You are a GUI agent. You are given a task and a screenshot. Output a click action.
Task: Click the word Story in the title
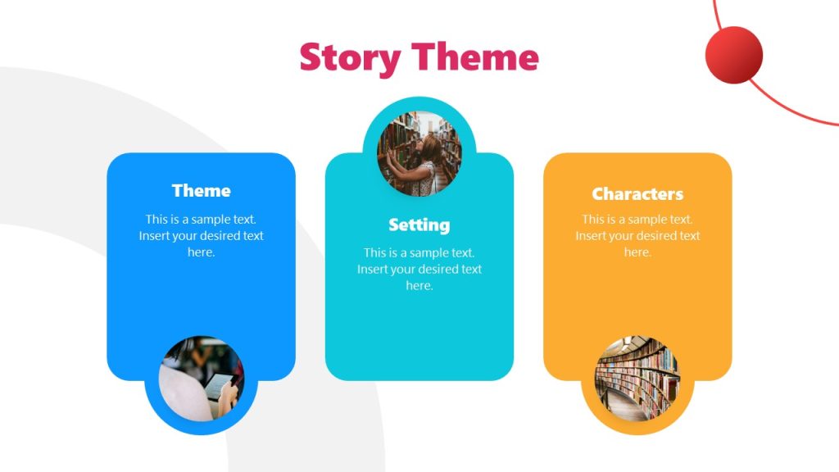pyautogui.click(x=350, y=58)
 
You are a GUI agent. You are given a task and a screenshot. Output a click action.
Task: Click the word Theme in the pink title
pyautogui.click(x=475, y=57)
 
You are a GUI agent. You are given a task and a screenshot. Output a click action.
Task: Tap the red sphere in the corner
pyautogui.click(x=733, y=55)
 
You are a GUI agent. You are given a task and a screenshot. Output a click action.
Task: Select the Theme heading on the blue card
pyautogui.click(x=201, y=191)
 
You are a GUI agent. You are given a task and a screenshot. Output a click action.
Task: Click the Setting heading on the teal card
pyautogui.click(x=419, y=225)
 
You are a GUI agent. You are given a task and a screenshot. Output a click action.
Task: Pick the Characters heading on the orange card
pyautogui.click(x=637, y=194)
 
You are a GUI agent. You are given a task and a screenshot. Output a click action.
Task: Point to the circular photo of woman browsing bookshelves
pyautogui.click(x=419, y=154)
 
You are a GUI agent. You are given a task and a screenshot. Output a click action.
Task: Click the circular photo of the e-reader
pyautogui.click(x=202, y=378)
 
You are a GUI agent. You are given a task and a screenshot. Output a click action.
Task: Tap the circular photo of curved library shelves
pyautogui.click(x=637, y=378)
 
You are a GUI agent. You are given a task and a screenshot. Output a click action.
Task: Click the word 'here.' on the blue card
pyautogui.click(x=201, y=252)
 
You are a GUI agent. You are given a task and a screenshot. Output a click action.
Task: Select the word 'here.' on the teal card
pyautogui.click(x=419, y=286)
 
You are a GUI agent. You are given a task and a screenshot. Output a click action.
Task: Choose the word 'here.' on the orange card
pyautogui.click(x=637, y=252)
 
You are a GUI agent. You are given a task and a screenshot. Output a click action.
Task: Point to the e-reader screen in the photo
pyautogui.click(x=218, y=383)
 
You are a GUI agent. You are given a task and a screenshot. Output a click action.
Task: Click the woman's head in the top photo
pyautogui.click(x=431, y=147)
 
